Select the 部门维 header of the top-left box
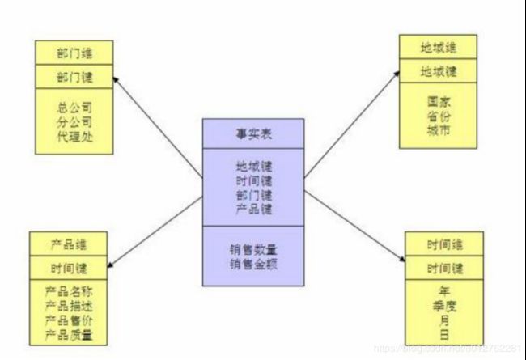[74, 53]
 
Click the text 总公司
[74, 105]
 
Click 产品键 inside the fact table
[253, 209]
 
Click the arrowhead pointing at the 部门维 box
[117, 80]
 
